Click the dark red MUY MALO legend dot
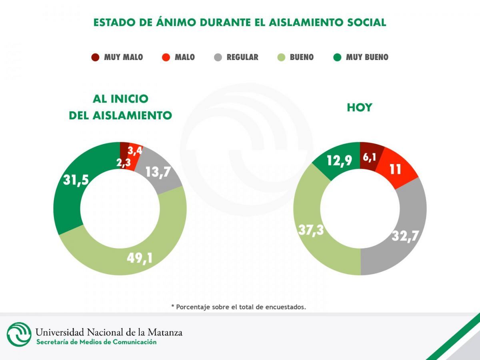click(95, 57)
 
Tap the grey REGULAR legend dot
click(218, 57)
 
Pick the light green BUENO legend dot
click(281, 57)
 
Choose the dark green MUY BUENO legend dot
click(337, 57)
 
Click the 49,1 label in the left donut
click(140, 258)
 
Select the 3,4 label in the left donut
click(135, 151)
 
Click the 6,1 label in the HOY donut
click(369, 158)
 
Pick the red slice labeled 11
click(396, 169)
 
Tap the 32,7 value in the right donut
click(405, 236)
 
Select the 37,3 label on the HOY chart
click(311, 230)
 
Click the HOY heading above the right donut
click(359, 108)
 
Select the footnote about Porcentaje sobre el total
click(238, 307)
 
